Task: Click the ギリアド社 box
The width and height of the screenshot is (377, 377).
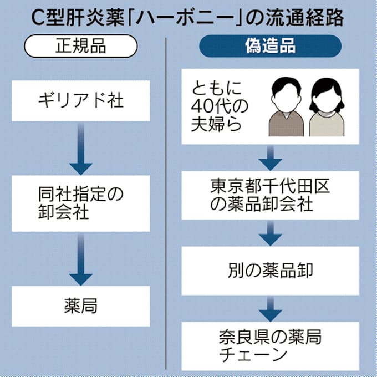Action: click(x=81, y=102)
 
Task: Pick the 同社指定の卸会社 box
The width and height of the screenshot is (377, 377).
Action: click(x=81, y=203)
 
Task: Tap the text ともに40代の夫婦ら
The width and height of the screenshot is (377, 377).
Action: click(x=217, y=105)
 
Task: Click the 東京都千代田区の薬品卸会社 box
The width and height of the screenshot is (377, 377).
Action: click(x=270, y=195)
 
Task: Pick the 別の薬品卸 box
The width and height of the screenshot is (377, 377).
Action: click(x=270, y=270)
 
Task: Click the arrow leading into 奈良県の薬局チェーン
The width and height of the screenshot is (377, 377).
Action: click(x=270, y=308)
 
